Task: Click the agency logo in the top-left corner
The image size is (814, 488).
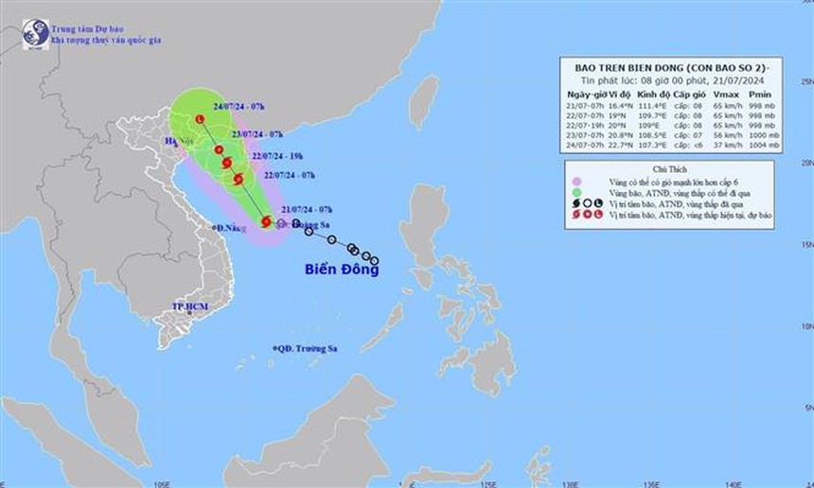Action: pos(36,34)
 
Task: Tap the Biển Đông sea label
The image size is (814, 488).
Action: pos(342,270)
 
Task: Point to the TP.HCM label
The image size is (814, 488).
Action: pos(190,307)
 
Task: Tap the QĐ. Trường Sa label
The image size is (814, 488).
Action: pos(307,349)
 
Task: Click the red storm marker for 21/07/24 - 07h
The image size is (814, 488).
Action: pos(266,222)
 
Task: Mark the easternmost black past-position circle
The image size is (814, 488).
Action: pos(374,260)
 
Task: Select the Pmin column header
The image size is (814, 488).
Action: pos(759,95)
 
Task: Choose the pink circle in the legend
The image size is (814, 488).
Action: pos(575,180)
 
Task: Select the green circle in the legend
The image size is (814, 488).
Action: pos(575,192)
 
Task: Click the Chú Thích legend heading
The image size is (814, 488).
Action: pos(669,166)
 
